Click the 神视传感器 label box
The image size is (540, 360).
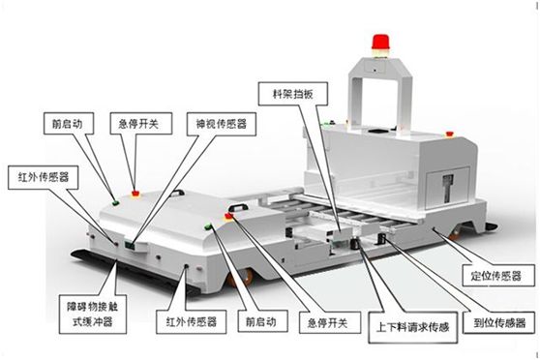click(221, 124)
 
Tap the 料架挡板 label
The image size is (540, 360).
click(292, 94)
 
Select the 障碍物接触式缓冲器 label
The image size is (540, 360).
click(93, 314)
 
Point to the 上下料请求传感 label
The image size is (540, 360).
click(412, 327)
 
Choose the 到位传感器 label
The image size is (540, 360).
click(499, 322)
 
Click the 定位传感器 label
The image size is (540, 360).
click(498, 275)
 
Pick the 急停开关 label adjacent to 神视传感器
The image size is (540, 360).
click(141, 123)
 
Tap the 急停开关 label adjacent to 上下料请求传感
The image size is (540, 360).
click(330, 322)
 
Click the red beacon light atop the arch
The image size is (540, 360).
click(380, 42)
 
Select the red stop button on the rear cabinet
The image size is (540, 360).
click(449, 134)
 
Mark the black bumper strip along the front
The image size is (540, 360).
click(135, 273)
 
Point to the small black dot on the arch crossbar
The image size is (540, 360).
click(375, 71)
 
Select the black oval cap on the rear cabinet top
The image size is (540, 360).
click(376, 131)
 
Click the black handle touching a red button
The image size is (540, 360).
click(238, 207)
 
